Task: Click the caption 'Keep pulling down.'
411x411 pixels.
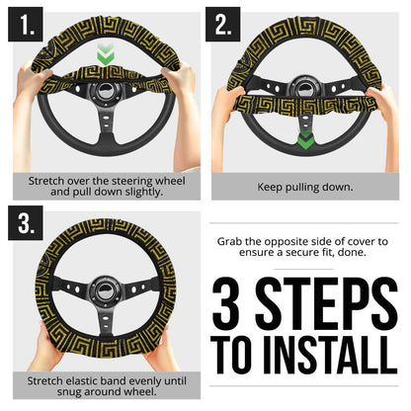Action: click(304, 186)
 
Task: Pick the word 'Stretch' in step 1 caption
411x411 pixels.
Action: click(48, 181)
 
